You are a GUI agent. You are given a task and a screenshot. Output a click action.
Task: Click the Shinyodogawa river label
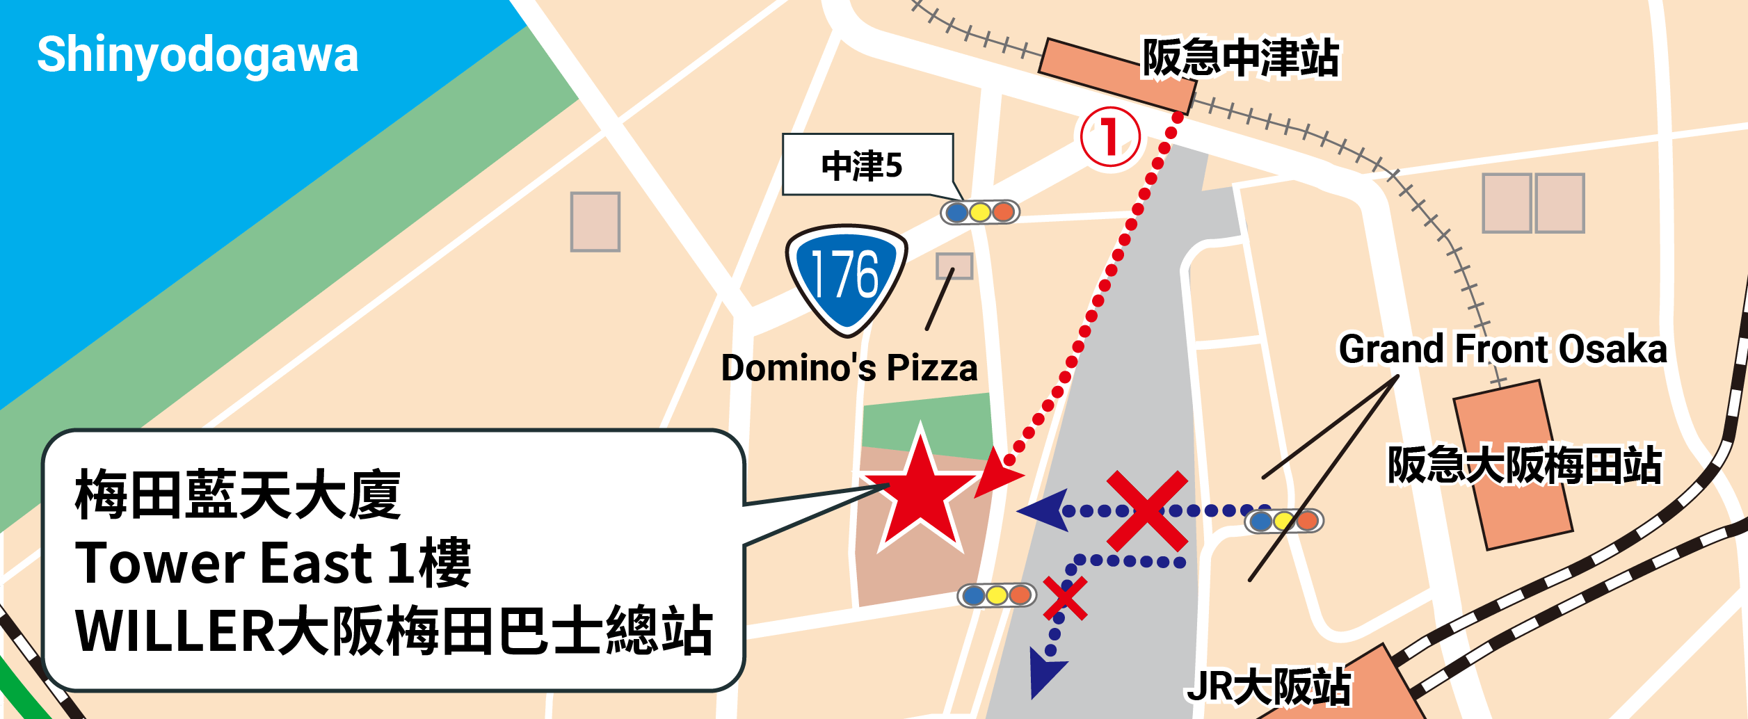198,56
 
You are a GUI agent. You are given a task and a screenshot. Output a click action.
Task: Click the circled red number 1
1110,136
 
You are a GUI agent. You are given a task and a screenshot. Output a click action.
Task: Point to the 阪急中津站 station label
1241,58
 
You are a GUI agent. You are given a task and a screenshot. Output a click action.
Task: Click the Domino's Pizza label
849,368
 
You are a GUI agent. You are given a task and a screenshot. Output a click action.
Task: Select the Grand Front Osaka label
1502,349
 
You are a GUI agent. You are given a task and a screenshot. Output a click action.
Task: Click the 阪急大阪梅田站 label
1524,465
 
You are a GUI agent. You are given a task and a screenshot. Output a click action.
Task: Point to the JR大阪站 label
1269,687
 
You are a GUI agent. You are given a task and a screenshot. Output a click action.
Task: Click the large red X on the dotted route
1147,510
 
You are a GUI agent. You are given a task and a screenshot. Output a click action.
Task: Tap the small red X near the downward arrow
1064,599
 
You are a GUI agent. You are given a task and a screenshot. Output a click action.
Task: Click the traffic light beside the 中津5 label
980,212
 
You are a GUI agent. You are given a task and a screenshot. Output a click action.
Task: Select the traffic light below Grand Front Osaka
1284,521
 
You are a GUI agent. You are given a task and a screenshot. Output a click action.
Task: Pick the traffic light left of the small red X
997,595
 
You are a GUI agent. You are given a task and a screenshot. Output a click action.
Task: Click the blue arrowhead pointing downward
1046,672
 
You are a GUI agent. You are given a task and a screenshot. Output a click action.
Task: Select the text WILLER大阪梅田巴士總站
394,631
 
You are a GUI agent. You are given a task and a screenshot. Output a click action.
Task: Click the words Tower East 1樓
273,563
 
